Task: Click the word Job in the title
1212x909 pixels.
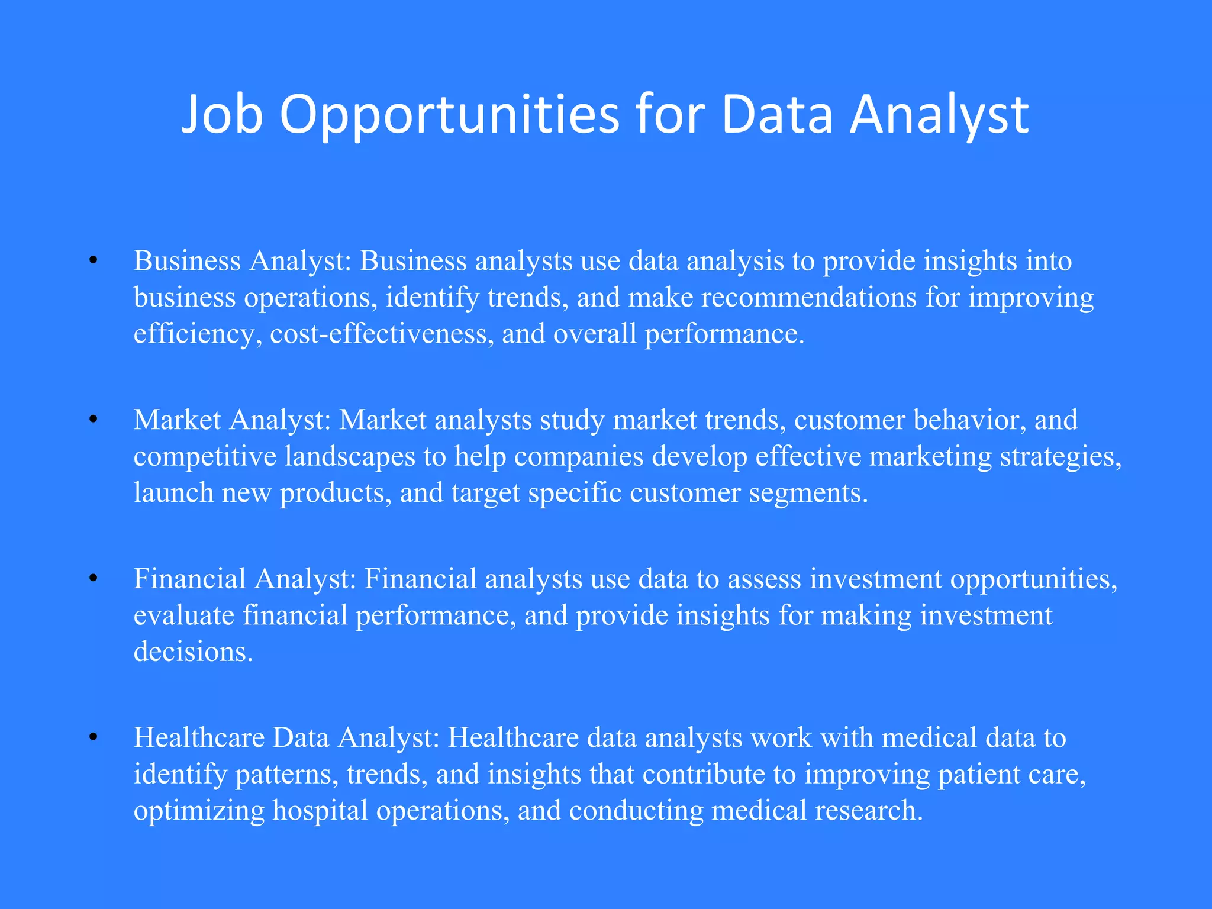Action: click(222, 115)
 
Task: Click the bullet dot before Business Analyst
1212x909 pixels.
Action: click(93, 260)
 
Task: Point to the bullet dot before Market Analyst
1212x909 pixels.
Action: click(93, 420)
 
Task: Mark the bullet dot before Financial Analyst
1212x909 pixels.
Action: click(93, 578)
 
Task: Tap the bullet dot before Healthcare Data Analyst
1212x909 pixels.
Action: click(93, 737)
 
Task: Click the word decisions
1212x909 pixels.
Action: click(193, 652)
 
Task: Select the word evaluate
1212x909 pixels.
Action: click(184, 615)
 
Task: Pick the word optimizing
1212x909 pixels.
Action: click(199, 810)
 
